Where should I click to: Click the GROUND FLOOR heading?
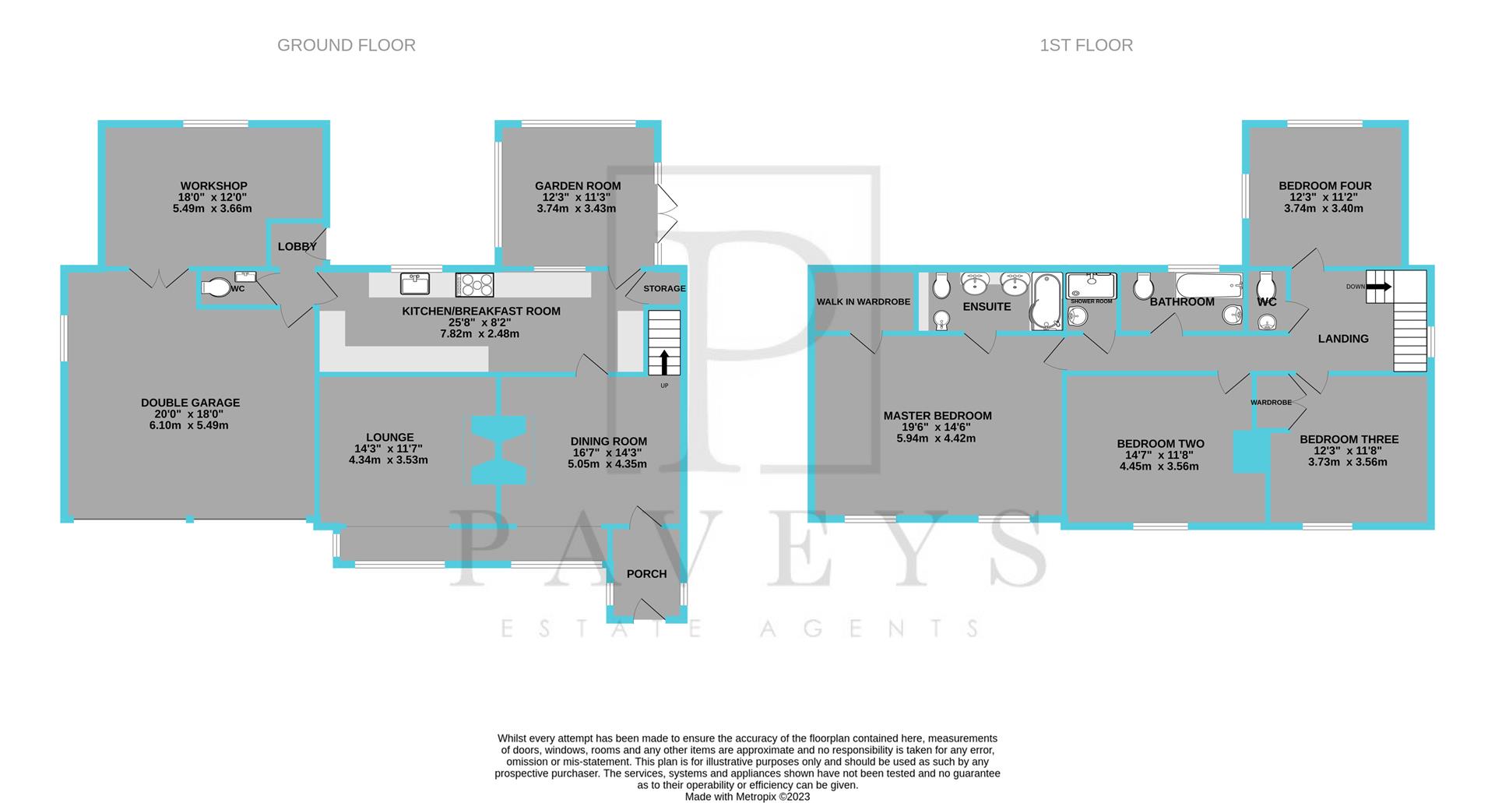click(x=346, y=45)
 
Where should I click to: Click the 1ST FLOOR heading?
click(x=1086, y=45)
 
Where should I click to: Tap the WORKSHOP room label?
click(x=214, y=186)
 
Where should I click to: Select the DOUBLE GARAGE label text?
click(x=190, y=403)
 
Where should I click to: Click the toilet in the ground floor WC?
click(x=216, y=288)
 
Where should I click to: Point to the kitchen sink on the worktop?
click(x=415, y=284)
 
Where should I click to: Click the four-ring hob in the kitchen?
click(x=474, y=284)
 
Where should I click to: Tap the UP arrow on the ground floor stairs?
click(x=664, y=364)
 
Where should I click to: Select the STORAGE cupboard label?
click(x=664, y=288)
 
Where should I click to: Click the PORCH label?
click(x=646, y=574)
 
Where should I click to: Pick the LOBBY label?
click(x=297, y=247)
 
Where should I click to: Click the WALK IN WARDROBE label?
click(x=863, y=302)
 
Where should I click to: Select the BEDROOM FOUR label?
click(x=1324, y=186)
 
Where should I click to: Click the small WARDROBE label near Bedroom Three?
click(x=1271, y=403)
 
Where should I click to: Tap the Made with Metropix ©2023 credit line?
click(x=747, y=797)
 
